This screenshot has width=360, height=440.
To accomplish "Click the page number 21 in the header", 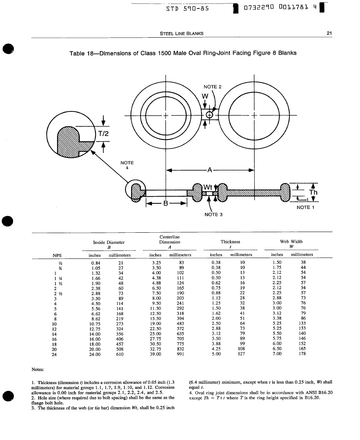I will (x=328, y=33).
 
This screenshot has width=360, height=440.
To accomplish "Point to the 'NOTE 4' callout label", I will (x=127, y=165).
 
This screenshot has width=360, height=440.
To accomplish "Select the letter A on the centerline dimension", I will (x=210, y=170).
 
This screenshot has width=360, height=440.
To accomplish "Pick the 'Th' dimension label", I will (x=313, y=193).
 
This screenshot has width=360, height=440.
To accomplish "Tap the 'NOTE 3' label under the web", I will (x=213, y=214).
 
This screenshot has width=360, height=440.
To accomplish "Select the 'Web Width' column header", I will (x=291, y=241).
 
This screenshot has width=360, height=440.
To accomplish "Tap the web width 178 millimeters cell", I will (x=303, y=354).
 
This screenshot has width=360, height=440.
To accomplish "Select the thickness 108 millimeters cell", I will (x=240, y=349).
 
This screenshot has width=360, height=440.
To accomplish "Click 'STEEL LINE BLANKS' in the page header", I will (x=181, y=33).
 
